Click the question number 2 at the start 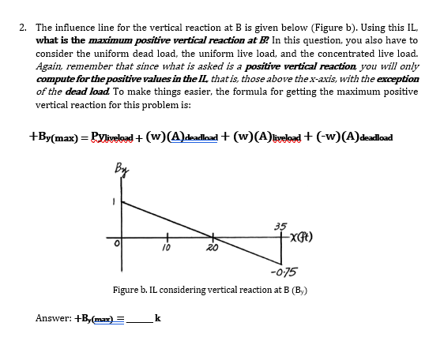point(23,27)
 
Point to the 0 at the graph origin point(115,242)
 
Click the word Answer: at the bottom point(53,318)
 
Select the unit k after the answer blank point(159,318)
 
